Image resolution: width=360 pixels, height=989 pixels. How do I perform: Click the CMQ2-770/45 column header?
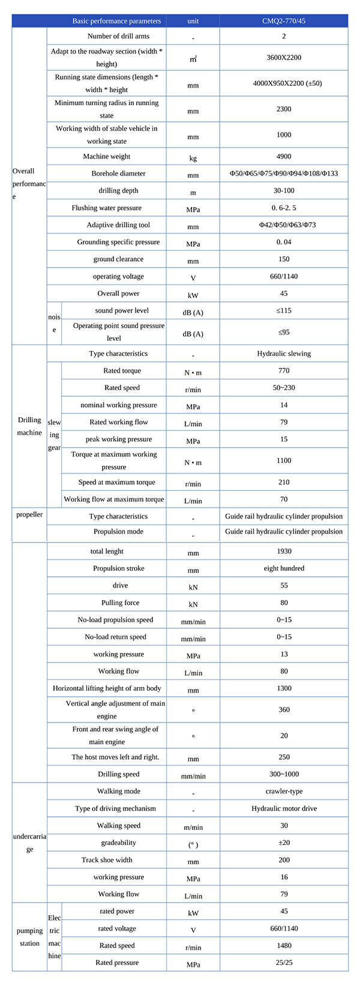pyautogui.click(x=284, y=21)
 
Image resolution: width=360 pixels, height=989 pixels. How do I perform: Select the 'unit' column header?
pyautogui.click(x=193, y=21)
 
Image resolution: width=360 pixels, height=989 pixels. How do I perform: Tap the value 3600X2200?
pyautogui.click(x=284, y=58)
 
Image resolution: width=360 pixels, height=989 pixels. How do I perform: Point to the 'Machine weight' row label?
pyautogui.click(x=107, y=156)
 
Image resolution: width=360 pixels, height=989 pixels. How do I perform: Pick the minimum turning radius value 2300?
pyautogui.click(x=284, y=109)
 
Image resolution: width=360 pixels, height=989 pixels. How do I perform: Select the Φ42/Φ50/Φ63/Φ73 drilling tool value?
pyautogui.click(x=284, y=225)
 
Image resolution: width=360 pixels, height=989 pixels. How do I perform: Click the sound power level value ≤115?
pyautogui.click(x=284, y=310)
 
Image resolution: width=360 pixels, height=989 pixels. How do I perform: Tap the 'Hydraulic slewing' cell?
pyautogui.click(x=284, y=353)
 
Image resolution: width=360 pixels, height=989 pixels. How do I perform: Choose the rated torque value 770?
pyautogui.click(x=284, y=371)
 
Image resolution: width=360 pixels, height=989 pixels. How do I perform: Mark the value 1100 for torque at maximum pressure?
pyautogui.click(x=284, y=460)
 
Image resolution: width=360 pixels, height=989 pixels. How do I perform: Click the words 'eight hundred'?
pyautogui.click(x=284, y=568)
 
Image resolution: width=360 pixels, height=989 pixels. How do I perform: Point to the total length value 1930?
pyautogui.click(x=284, y=551)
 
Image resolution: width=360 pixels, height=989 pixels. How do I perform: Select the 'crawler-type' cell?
pyautogui.click(x=284, y=791)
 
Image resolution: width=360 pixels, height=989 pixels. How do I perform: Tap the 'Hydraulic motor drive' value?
pyautogui.click(x=284, y=808)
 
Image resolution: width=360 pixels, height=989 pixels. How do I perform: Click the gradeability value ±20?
pyautogui.click(x=284, y=843)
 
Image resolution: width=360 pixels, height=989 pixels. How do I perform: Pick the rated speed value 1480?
pyautogui.click(x=284, y=945)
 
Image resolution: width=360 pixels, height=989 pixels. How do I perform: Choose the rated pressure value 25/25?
pyautogui.click(x=284, y=963)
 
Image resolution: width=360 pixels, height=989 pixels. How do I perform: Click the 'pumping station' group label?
pyautogui.click(x=29, y=937)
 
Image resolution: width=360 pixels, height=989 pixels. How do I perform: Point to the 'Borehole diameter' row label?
pyautogui.click(x=119, y=173)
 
